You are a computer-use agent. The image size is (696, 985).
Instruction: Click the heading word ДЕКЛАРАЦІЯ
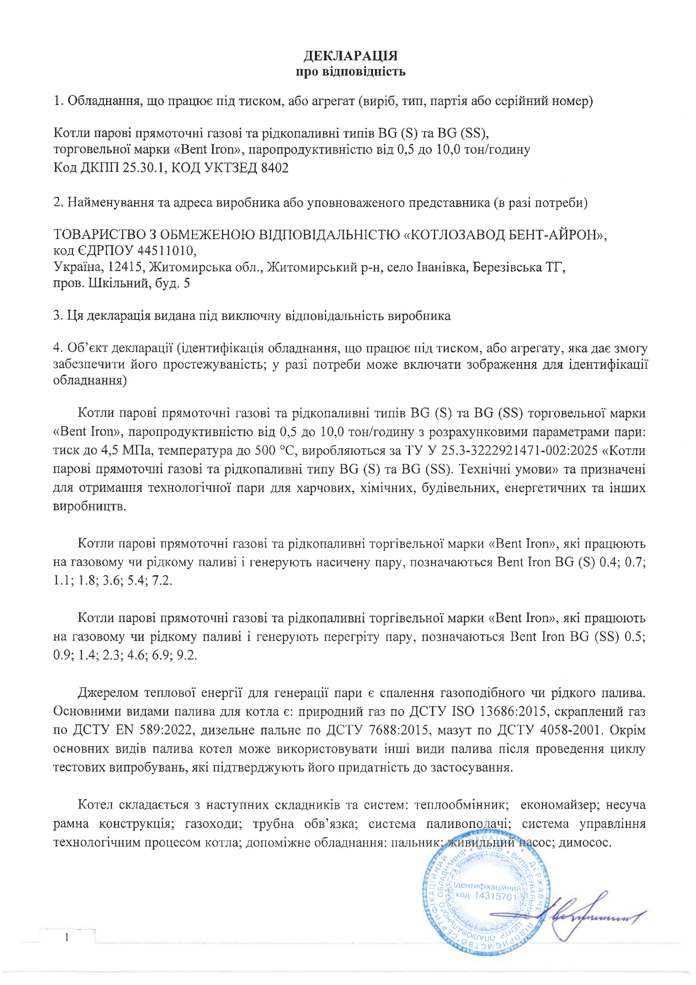click(x=350, y=56)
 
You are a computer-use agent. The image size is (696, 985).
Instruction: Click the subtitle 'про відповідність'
click(x=350, y=71)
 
